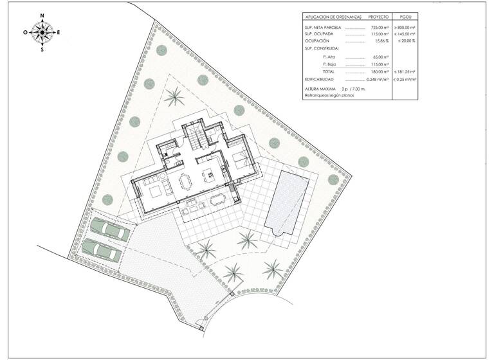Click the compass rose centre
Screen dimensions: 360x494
42,32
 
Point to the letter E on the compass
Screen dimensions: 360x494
59,32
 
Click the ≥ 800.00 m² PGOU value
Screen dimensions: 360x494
405,28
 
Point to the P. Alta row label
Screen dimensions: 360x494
329,57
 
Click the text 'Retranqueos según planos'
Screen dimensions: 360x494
330,95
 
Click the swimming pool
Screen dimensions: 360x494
288,204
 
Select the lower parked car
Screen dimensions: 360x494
102,249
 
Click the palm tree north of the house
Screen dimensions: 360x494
174,97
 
